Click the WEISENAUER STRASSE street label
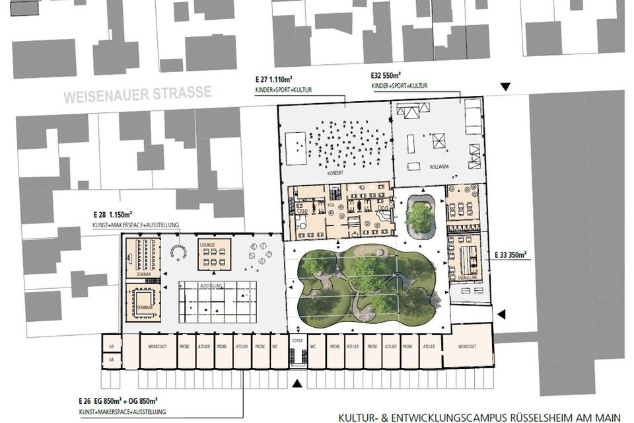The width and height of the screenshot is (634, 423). [137, 95]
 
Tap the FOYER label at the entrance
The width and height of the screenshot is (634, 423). [297, 342]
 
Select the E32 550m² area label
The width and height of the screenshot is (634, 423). [386, 76]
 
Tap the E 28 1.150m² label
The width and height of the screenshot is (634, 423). [113, 215]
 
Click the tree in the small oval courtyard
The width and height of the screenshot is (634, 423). [419, 217]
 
